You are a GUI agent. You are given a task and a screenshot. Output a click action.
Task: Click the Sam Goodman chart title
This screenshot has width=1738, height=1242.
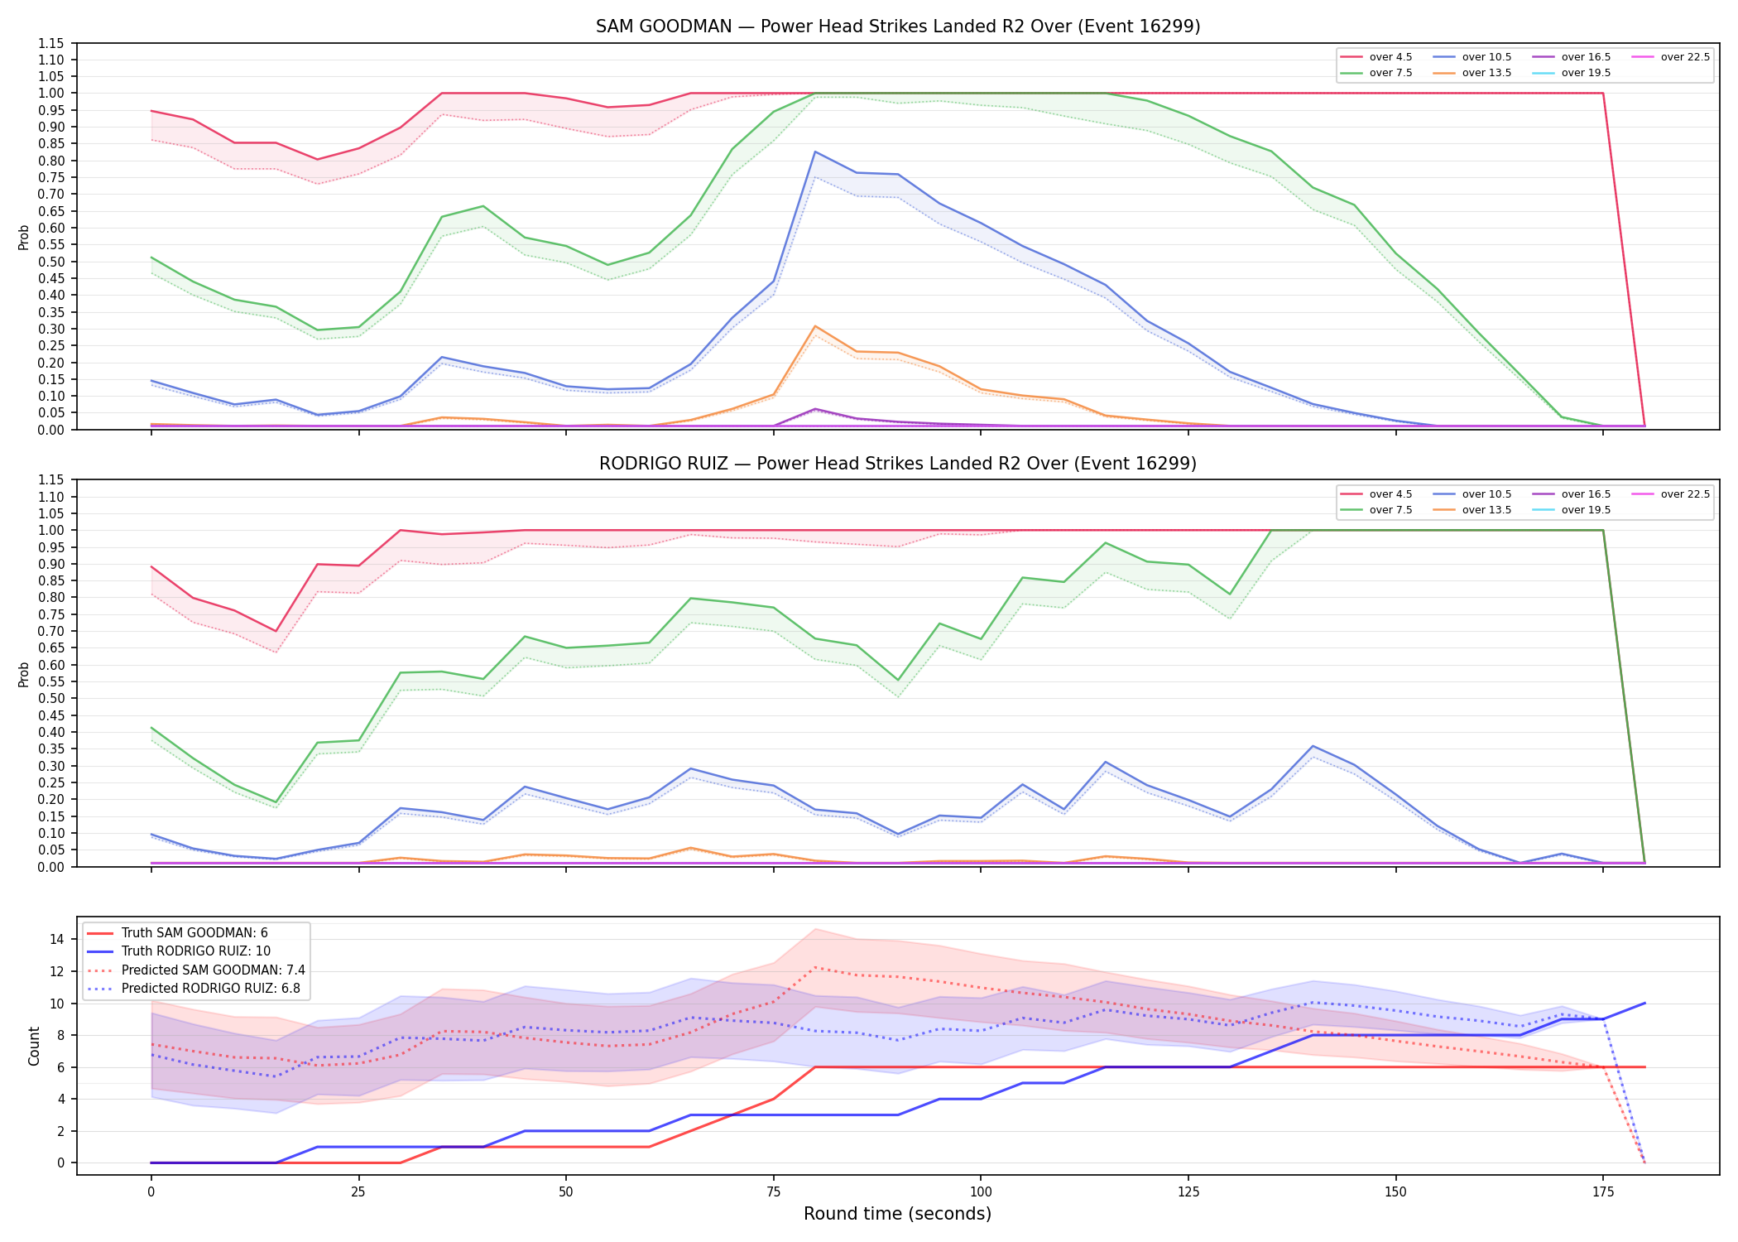coord(898,26)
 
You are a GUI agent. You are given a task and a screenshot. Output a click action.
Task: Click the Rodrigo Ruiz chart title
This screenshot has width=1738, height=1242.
coord(898,464)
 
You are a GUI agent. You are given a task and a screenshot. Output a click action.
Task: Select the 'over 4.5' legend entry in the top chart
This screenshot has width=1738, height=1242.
coord(1377,57)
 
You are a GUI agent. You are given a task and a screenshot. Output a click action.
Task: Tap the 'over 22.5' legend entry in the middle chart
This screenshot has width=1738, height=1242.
coord(1671,494)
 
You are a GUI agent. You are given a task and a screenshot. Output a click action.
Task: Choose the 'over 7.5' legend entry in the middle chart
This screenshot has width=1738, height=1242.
coord(1377,510)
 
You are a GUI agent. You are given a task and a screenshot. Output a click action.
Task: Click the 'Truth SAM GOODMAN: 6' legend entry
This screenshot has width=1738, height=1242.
coord(178,933)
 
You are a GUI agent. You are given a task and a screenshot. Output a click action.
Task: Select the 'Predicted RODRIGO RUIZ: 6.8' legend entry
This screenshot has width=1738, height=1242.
coord(194,989)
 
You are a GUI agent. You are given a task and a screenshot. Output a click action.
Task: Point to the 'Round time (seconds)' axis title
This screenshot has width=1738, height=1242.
coord(897,1214)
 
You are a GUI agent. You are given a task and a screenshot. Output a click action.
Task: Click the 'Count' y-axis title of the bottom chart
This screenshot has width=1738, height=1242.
coord(34,1046)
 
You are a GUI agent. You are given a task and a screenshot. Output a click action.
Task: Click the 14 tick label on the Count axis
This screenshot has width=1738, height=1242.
coord(56,939)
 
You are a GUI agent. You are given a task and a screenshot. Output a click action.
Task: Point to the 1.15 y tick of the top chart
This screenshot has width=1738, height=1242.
coord(51,43)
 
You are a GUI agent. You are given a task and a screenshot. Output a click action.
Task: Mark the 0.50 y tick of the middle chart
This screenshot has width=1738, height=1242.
coord(51,698)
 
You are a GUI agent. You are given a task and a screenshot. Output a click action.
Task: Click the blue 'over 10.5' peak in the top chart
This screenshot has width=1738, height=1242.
coord(815,152)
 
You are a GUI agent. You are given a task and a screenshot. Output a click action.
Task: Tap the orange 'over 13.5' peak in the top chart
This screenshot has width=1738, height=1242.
coord(815,326)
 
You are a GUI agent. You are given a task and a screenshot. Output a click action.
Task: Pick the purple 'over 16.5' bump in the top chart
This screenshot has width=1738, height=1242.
coord(815,409)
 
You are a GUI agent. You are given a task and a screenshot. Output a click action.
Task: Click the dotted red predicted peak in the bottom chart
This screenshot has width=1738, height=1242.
coord(815,967)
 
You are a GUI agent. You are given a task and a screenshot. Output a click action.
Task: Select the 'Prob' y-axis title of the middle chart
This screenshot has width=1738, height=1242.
coord(24,674)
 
